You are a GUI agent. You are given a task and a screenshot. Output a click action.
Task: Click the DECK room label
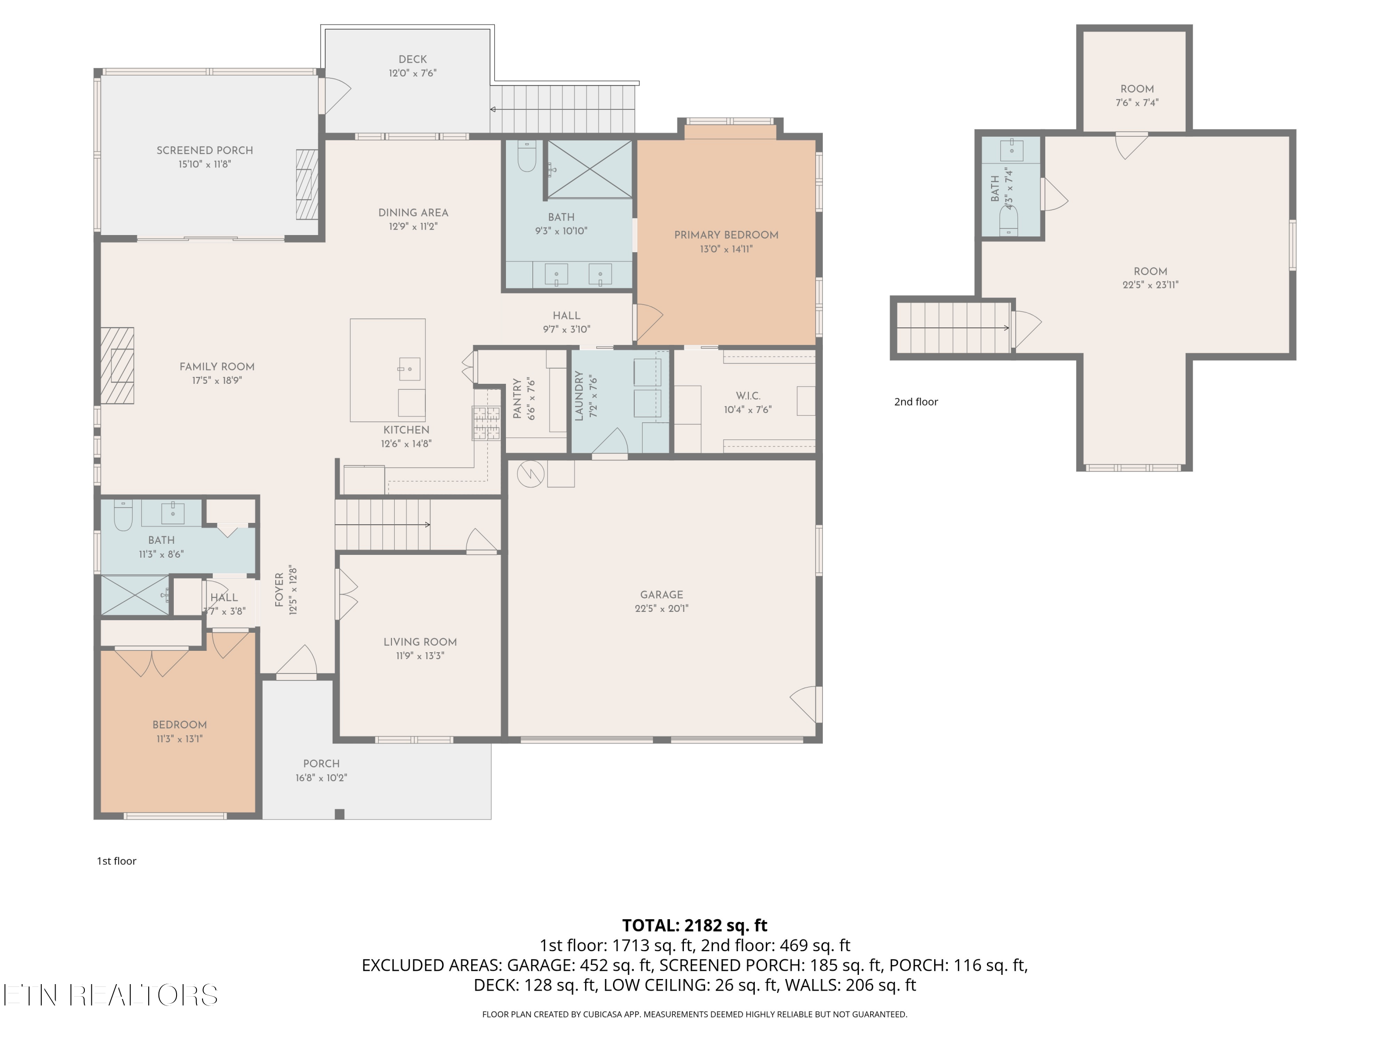pos(413,59)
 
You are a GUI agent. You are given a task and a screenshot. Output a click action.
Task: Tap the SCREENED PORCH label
pos(205,150)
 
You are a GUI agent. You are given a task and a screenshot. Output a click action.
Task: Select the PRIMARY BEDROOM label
pos(727,235)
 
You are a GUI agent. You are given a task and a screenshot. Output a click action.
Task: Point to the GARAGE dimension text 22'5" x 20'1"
pos(662,609)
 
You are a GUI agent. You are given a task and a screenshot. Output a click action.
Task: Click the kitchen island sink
pos(409,369)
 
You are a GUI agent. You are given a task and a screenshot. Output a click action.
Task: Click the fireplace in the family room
pos(118,365)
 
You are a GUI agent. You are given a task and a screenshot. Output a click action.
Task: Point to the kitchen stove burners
pos(486,423)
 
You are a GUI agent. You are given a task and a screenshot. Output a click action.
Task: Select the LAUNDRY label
pos(579,395)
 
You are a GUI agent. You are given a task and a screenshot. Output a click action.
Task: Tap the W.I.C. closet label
pos(748,396)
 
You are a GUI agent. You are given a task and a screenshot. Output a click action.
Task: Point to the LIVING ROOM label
pos(420,642)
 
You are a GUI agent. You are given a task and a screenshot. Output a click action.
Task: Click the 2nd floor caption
pos(916,402)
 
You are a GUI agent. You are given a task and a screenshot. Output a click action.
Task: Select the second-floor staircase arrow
pos(953,328)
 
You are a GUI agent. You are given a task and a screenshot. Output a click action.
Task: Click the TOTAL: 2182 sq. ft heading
pos(695,925)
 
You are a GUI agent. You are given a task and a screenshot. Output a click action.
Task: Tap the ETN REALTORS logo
pos(111,995)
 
